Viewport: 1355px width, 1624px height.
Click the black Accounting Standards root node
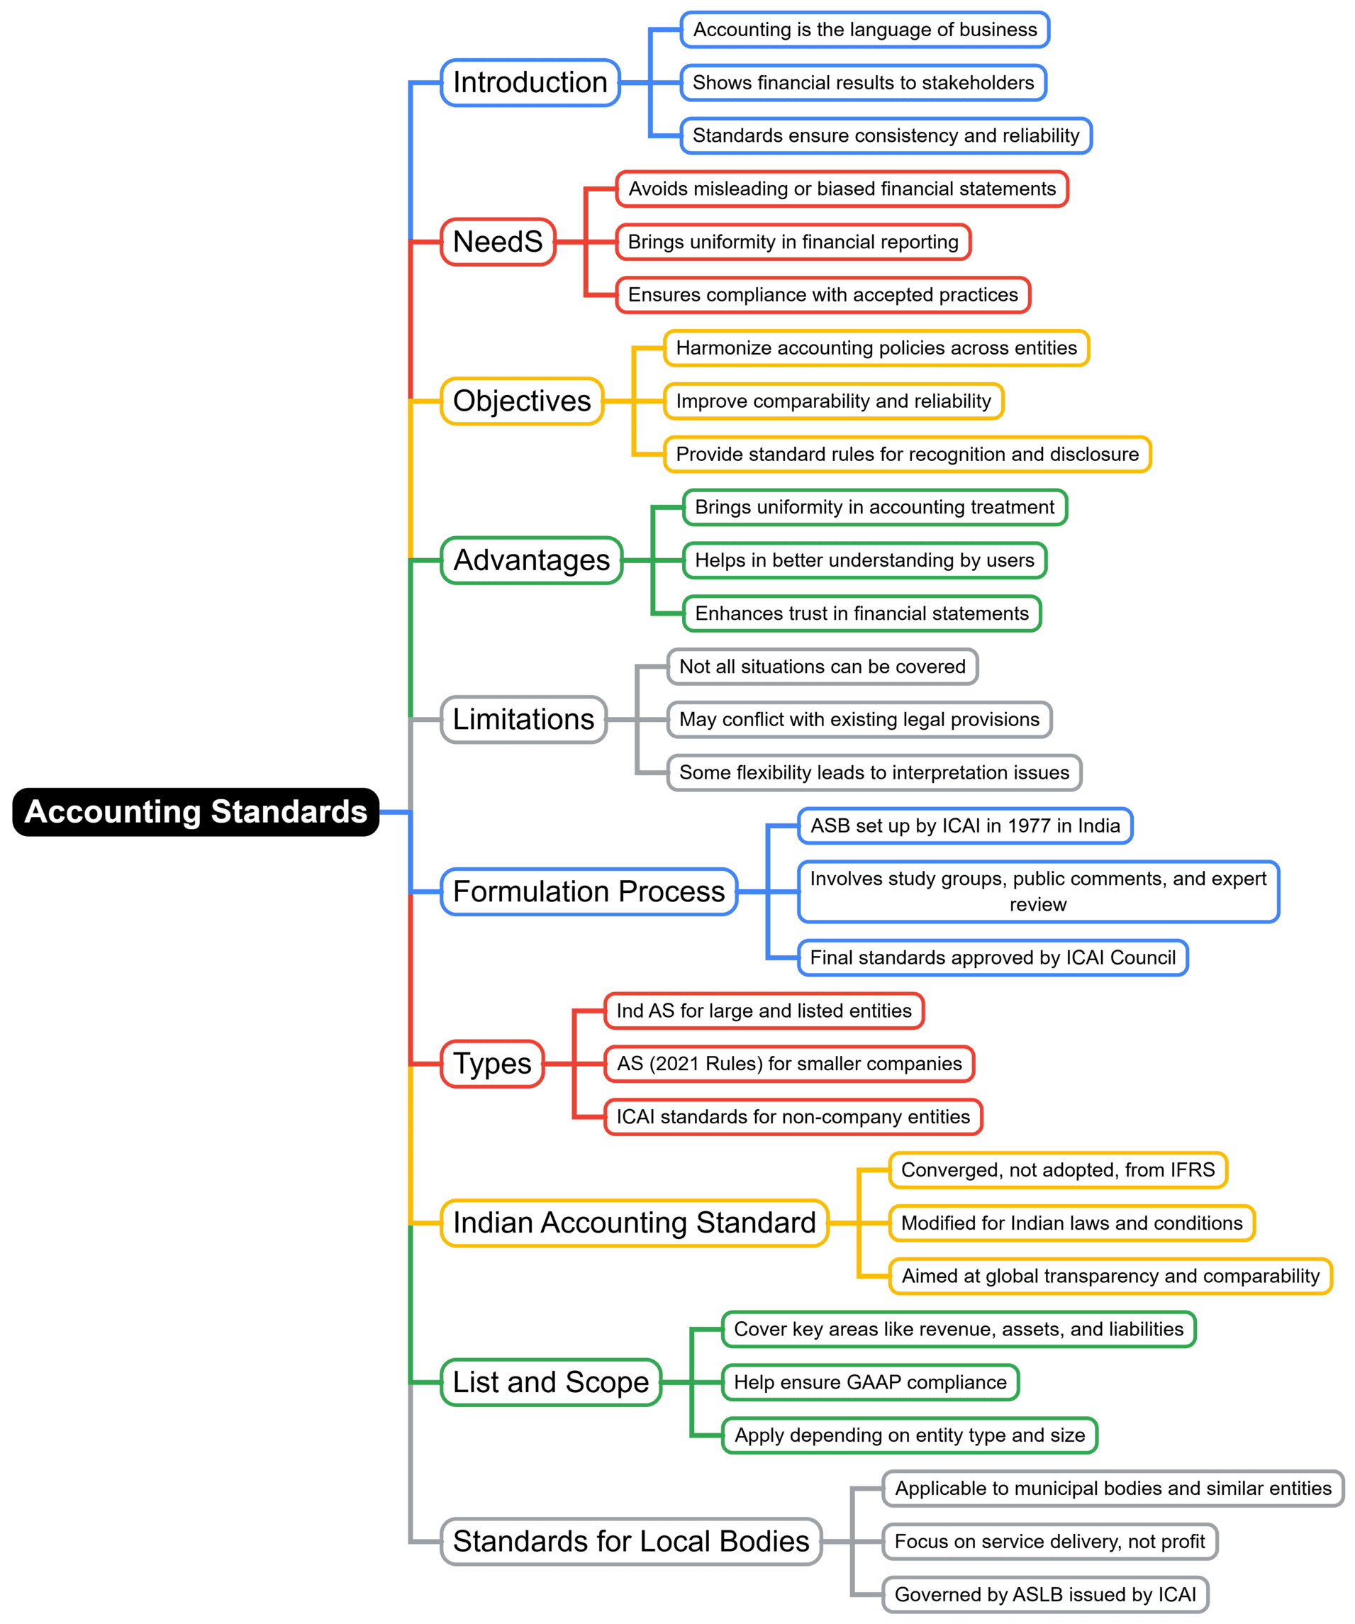[196, 812]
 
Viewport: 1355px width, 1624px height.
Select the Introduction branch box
[530, 83]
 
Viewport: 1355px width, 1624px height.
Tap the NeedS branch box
[498, 242]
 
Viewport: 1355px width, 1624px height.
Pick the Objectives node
[522, 401]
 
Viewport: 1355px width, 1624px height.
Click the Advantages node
[531, 561]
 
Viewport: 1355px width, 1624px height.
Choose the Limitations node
[523, 719]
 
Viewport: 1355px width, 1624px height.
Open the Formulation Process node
[589, 891]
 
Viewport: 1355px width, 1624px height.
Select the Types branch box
[492, 1064]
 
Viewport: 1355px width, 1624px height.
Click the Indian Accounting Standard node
[634, 1223]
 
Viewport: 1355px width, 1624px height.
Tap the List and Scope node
[551, 1383]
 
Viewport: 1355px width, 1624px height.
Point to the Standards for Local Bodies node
[631, 1542]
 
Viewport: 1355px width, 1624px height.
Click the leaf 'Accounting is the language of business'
[864, 29]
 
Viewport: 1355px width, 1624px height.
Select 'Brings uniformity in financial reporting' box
[793, 242]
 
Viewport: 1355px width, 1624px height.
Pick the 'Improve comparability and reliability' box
[833, 401]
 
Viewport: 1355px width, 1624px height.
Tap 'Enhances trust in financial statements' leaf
[861, 614]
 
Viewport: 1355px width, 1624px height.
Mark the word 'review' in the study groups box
[1037, 905]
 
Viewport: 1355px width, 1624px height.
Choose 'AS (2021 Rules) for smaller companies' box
[789, 1064]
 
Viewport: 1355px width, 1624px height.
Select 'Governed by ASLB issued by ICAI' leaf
[1045, 1595]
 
